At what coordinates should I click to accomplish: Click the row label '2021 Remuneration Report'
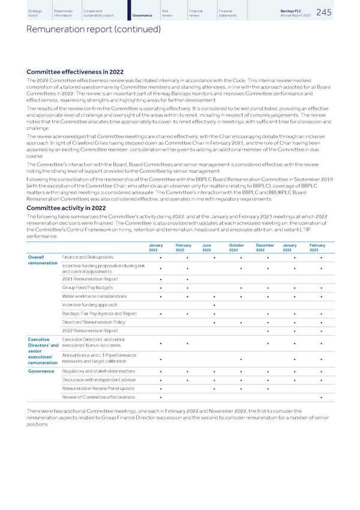(90, 278)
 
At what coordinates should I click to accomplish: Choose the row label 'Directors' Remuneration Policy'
(95, 322)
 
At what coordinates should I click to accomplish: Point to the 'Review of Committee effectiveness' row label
(98, 398)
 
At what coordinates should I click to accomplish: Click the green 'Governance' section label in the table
(41, 371)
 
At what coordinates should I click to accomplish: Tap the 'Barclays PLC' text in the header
(301, 10)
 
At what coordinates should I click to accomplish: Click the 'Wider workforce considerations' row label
(94, 296)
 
